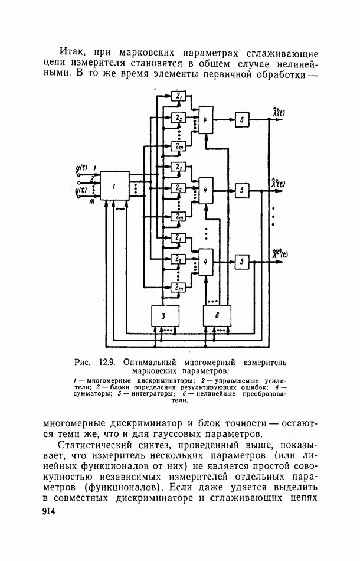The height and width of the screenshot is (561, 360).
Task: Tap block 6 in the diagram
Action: point(217,316)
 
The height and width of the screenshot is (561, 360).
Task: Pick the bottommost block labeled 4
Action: point(205,262)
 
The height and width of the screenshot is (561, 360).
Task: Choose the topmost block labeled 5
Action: point(241,119)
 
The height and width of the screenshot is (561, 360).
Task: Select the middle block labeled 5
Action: point(242,191)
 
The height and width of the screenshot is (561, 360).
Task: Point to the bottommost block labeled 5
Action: point(241,262)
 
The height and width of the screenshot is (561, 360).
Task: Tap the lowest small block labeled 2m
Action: point(178,288)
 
